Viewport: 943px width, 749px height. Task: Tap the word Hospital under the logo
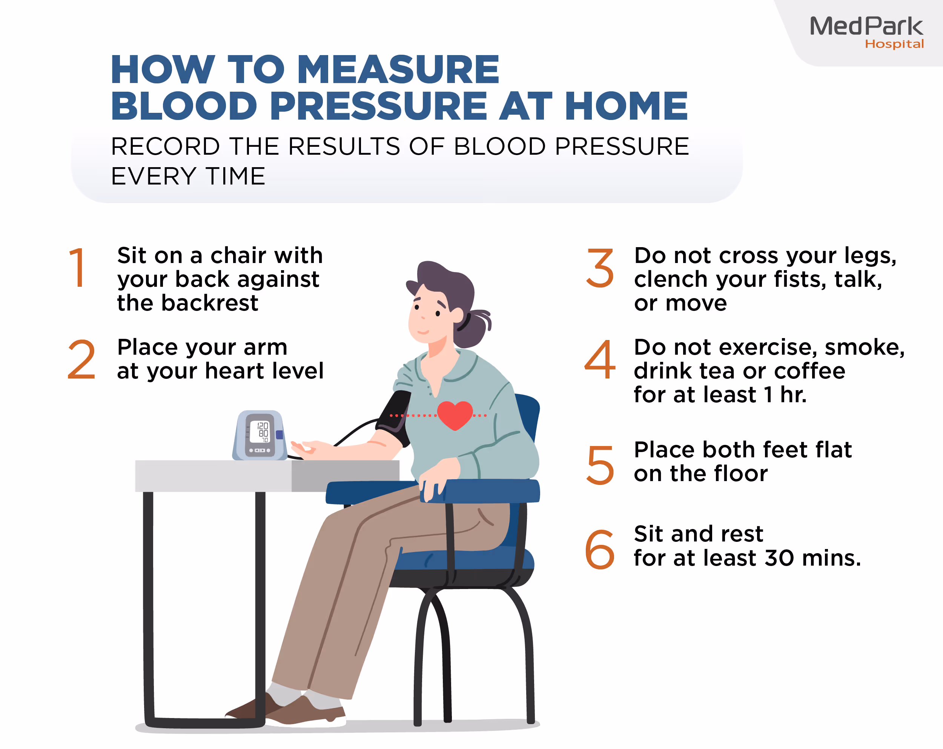pyautogui.click(x=894, y=44)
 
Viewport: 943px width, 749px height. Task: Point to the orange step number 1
pyautogui.click(x=78, y=268)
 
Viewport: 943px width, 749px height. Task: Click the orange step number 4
pyautogui.click(x=600, y=360)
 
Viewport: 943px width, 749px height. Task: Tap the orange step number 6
pyautogui.click(x=600, y=549)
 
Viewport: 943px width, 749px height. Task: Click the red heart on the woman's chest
pyautogui.click(x=455, y=415)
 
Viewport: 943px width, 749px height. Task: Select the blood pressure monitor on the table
pyautogui.click(x=260, y=435)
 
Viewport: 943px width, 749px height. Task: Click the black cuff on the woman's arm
pyautogui.click(x=395, y=418)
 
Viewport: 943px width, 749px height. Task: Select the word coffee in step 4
pyautogui.click(x=809, y=371)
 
